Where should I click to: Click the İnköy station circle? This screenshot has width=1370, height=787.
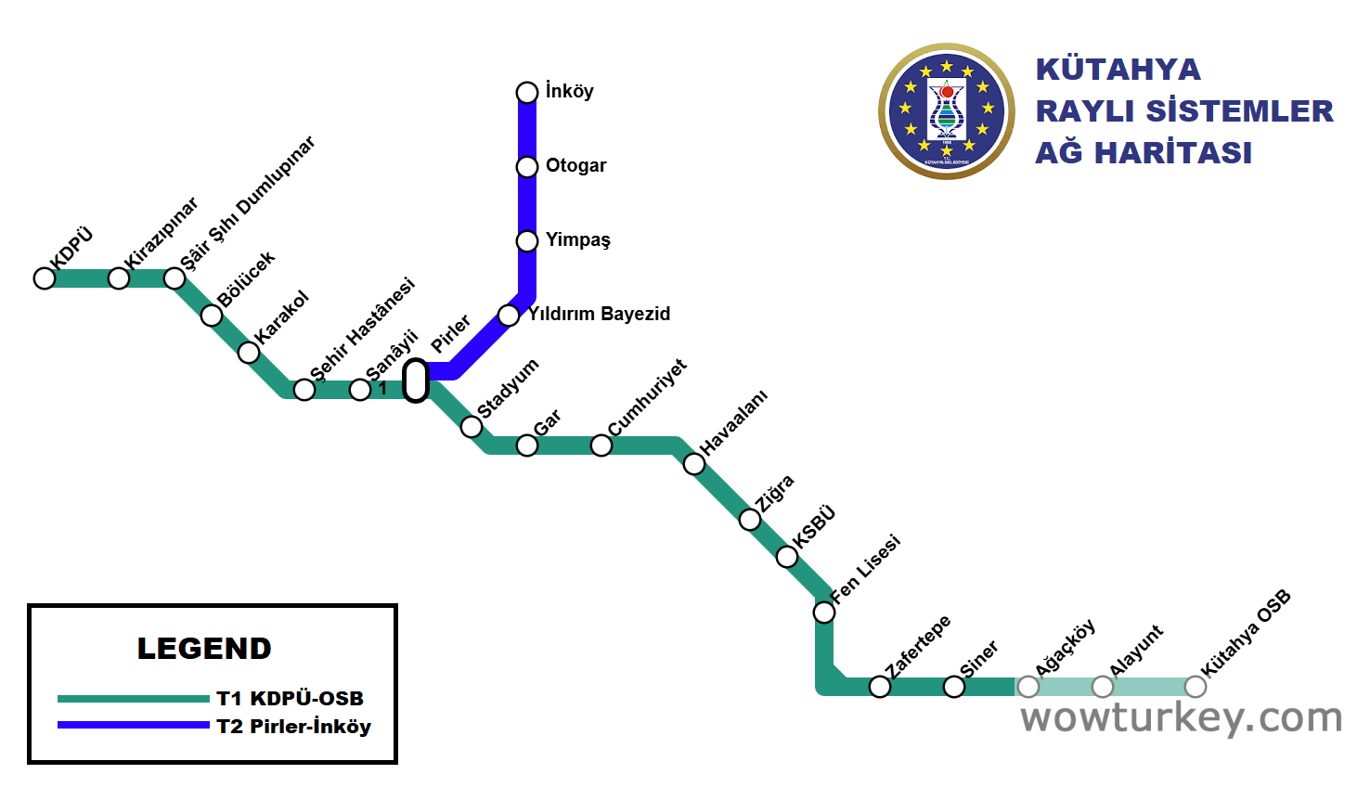[x=527, y=93]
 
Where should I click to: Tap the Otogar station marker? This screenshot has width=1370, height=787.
[x=527, y=167]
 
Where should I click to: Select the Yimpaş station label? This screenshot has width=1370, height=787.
[x=577, y=239]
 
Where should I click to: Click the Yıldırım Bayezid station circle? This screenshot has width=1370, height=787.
[x=509, y=316]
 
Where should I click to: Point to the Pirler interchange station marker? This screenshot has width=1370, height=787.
[x=416, y=381]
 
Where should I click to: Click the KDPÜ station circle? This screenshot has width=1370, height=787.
[x=45, y=278]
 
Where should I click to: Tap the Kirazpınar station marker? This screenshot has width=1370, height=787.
[x=119, y=278]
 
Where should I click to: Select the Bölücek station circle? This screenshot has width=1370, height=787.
[x=212, y=316]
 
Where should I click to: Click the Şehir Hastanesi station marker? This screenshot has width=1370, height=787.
[x=304, y=390]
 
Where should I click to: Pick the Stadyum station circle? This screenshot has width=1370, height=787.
[x=472, y=427]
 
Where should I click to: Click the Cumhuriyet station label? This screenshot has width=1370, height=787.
[x=647, y=397]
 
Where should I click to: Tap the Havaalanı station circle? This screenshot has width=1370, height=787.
[x=694, y=464]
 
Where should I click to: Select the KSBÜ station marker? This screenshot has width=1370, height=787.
[x=787, y=557]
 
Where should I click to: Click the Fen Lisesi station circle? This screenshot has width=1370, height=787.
[x=824, y=613]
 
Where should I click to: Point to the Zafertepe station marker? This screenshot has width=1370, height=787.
[x=880, y=687]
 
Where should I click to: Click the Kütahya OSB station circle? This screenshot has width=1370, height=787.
[x=1196, y=687]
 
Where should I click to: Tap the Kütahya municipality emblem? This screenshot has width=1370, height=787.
[x=947, y=111]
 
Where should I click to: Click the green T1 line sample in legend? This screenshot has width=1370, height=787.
[x=133, y=699]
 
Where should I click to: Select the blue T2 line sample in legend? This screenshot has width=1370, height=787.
[x=133, y=726]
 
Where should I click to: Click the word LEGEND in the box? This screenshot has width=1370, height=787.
[x=204, y=649]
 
